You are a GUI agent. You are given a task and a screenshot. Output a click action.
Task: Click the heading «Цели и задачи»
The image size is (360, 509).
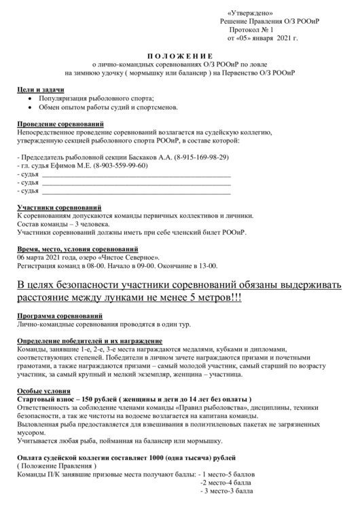40,90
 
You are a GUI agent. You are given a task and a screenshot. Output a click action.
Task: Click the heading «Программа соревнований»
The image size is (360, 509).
59,316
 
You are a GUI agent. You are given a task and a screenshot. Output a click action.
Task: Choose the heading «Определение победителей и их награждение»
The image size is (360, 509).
89,340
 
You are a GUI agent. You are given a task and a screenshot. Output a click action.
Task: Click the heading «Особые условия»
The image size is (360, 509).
42,391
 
